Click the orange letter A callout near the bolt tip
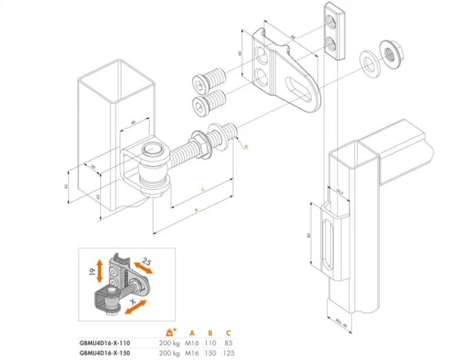[x=246, y=146]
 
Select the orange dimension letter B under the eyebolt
[x=196, y=210]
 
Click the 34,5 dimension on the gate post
[x=339, y=191]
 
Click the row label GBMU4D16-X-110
[x=105, y=342]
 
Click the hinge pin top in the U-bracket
[x=151, y=150]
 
